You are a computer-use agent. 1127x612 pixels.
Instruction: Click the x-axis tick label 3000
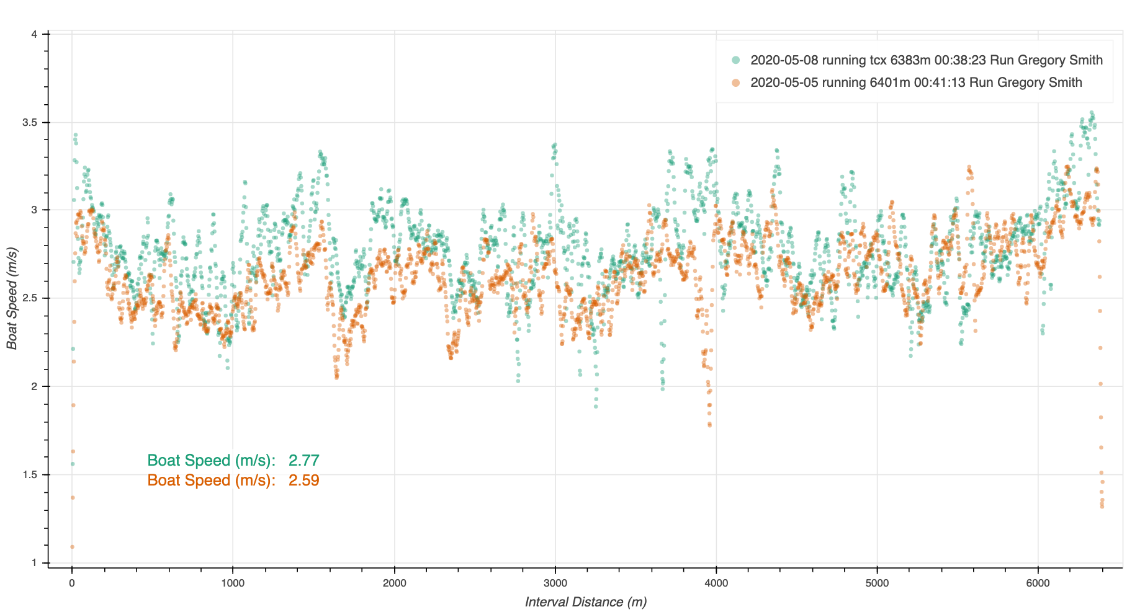point(555,583)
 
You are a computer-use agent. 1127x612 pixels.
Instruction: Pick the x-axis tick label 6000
point(1038,583)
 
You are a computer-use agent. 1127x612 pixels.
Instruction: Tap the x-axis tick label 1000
point(233,583)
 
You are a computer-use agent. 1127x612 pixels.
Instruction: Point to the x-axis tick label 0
point(72,583)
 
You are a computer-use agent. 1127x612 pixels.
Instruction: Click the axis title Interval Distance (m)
point(585,601)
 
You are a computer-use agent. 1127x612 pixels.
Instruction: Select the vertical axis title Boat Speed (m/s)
point(12,298)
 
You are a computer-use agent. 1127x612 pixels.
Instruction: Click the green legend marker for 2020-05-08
point(736,60)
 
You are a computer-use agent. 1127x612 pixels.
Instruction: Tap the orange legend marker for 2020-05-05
point(736,82)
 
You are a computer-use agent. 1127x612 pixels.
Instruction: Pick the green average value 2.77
point(303,460)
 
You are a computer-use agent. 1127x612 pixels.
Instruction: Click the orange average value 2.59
point(303,480)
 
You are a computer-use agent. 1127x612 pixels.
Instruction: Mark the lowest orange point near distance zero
point(72,547)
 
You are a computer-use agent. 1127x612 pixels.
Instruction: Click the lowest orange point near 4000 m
point(709,425)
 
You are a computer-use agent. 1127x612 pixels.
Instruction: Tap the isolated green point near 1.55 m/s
point(72,464)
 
